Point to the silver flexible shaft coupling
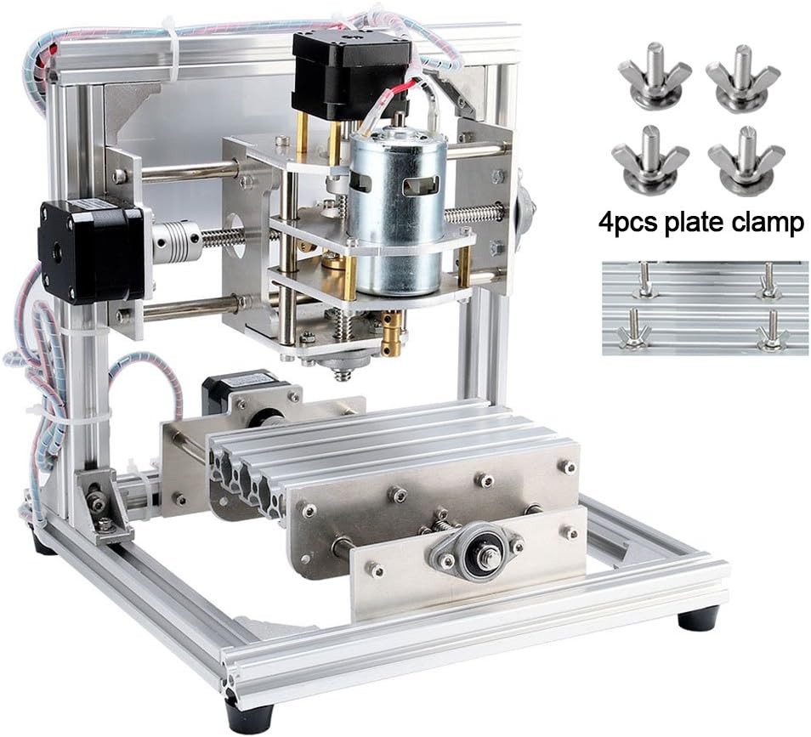click(179, 242)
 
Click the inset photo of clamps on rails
click(704, 308)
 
